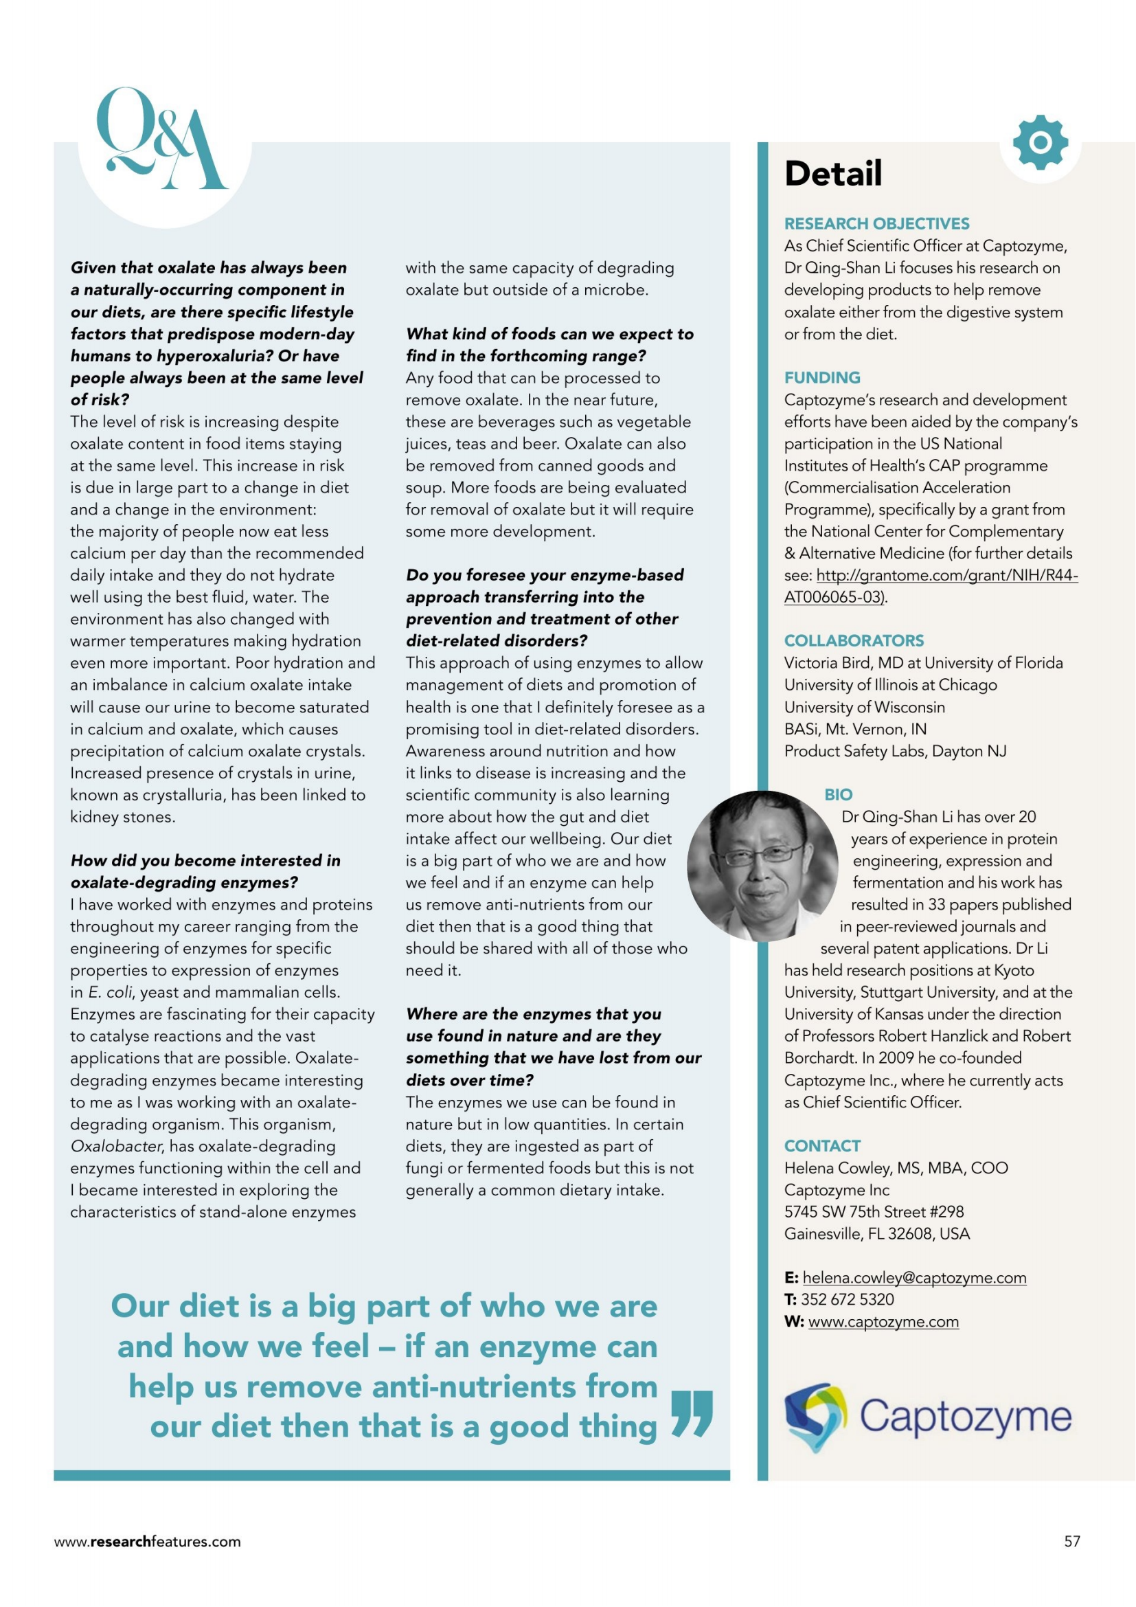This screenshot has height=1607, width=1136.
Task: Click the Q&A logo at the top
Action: (162, 140)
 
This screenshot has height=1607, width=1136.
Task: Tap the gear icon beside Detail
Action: (1040, 143)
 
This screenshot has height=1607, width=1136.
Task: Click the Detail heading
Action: (833, 174)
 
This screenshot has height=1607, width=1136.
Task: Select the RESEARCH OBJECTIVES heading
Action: (876, 224)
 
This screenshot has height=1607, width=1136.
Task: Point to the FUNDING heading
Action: (822, 378)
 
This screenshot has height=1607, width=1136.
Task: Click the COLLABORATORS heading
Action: (854, 641)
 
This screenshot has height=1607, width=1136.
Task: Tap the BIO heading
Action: (838, 795)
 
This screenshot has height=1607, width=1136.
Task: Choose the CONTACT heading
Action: (822, 1147)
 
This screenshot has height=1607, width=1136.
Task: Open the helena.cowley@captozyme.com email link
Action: (914, 1278)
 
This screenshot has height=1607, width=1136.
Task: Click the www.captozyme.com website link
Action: (883, 1322)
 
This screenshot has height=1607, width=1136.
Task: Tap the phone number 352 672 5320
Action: (847, 1300)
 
